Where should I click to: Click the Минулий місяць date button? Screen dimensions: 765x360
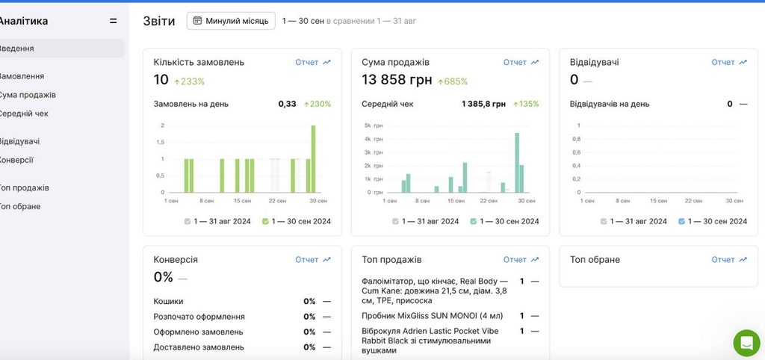point(231,21)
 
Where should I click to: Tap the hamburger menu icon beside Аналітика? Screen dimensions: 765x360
point(114,21)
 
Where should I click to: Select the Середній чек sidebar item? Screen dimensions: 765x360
point(23,114)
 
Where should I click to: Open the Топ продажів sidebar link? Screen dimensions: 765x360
point(24,187)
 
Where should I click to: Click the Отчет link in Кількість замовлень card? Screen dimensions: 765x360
point(313,63)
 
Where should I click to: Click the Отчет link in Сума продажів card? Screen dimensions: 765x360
point(521,63)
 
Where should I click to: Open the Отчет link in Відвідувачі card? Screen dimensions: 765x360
point(729,63)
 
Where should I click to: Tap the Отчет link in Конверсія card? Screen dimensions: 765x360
point(313,259)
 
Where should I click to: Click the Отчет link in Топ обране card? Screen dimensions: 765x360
point(729,259)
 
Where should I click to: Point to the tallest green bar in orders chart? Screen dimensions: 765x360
point(313,159)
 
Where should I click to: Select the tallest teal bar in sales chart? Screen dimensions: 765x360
point(517,162)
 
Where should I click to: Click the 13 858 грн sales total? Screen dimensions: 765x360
point(397,80)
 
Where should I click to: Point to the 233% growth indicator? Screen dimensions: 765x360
point(189,81)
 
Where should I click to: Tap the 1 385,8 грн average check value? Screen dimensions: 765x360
point(483,104)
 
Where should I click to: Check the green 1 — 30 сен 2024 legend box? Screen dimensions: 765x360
point(265,222)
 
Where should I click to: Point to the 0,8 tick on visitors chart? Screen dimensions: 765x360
point(576,139)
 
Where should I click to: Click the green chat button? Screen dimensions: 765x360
point(746,343)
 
